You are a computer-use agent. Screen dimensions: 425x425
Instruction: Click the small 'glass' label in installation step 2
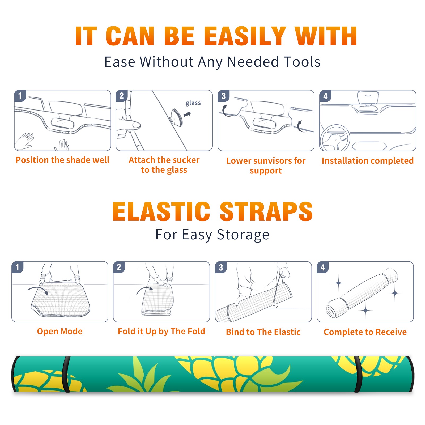coord(193,103)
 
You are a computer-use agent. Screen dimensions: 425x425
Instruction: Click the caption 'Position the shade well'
coord(62,160)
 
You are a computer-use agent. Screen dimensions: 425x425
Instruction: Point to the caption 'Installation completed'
coord(368,161)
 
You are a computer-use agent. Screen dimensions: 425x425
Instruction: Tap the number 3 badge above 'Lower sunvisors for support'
coord(223,96)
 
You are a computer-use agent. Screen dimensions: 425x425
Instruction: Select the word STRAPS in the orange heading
coord(266,211)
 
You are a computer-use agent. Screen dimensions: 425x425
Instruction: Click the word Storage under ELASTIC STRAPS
coord(243,235)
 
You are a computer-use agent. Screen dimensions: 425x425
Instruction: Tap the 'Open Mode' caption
coord(60,331)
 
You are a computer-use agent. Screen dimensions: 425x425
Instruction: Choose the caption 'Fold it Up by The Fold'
coord(161,331)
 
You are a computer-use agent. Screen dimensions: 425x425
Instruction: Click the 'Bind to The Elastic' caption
coord(263,332)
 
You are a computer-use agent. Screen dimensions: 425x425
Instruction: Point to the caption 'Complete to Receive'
coord(365,332)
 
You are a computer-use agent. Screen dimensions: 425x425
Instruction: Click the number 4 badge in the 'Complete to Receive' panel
coord(323,267)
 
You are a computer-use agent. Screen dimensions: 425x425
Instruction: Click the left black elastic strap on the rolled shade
coord(67,374)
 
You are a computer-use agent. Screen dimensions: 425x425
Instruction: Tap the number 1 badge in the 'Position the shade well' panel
coord(20,96)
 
